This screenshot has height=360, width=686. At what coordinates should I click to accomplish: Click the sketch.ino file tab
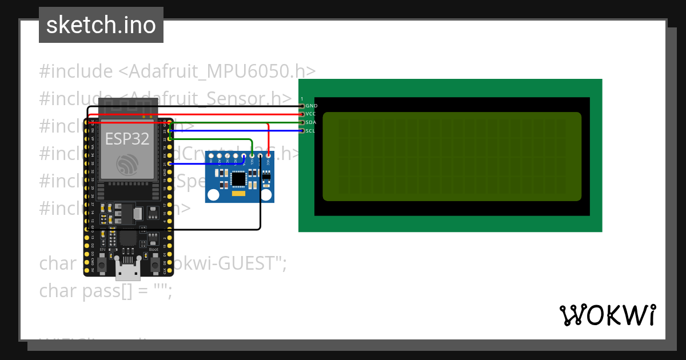(x=101, y=25)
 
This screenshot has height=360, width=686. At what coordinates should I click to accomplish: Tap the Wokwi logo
(x=607, y=315)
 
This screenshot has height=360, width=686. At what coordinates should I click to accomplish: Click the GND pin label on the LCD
(x=312, y=106)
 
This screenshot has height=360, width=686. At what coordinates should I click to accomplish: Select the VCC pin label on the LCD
(x=312, y=114)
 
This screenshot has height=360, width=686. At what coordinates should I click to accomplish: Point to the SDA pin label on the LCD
(x=312, y=122)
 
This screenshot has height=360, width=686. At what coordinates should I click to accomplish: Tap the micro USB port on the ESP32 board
(x=127, y=269)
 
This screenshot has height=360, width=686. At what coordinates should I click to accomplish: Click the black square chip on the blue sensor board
(x=239, y=179)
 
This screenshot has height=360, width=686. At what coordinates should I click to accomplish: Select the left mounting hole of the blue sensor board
(x=213, y=195)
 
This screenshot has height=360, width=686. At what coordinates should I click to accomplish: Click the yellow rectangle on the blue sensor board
(x=240, y=194)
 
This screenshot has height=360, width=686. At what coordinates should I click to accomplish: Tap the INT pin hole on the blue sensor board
(x=212, y=155)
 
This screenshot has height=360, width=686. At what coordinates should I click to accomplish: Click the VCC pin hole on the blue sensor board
(x=268, y=155)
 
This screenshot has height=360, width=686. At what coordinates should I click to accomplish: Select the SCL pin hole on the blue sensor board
(x=252, y=155)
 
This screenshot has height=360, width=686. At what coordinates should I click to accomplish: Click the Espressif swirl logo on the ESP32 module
(x=127, y=165)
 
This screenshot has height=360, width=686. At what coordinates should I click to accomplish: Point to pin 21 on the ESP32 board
(x=171, y=164)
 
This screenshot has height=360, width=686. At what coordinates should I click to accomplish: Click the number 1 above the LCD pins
(x=302, y=99)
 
